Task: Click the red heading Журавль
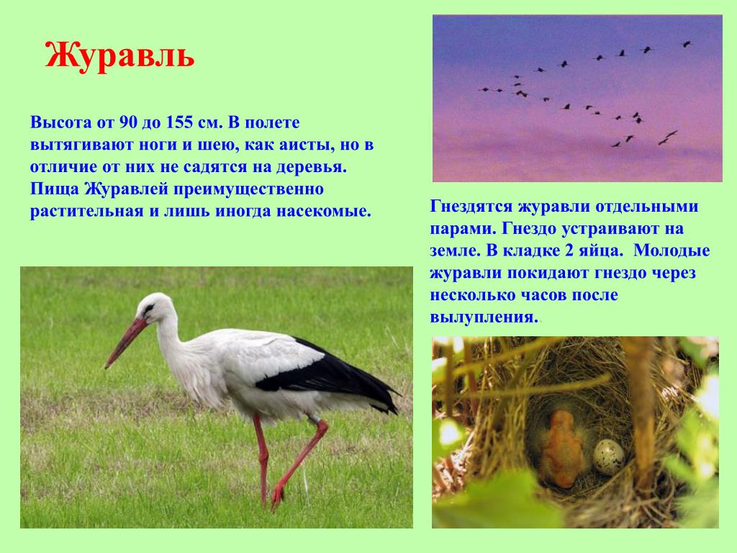(119, 56)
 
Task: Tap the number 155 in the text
(178, 122)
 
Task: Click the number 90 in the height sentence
(127, 122)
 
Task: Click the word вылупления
(484, 318)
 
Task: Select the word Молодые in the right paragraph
(672, 251)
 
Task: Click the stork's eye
(149, 309)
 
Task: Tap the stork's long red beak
(127, 341)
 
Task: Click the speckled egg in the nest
(609, 457)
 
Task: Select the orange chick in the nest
(562, 449)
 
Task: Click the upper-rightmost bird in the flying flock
(687, 44)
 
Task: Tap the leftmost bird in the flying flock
(484, 89)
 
